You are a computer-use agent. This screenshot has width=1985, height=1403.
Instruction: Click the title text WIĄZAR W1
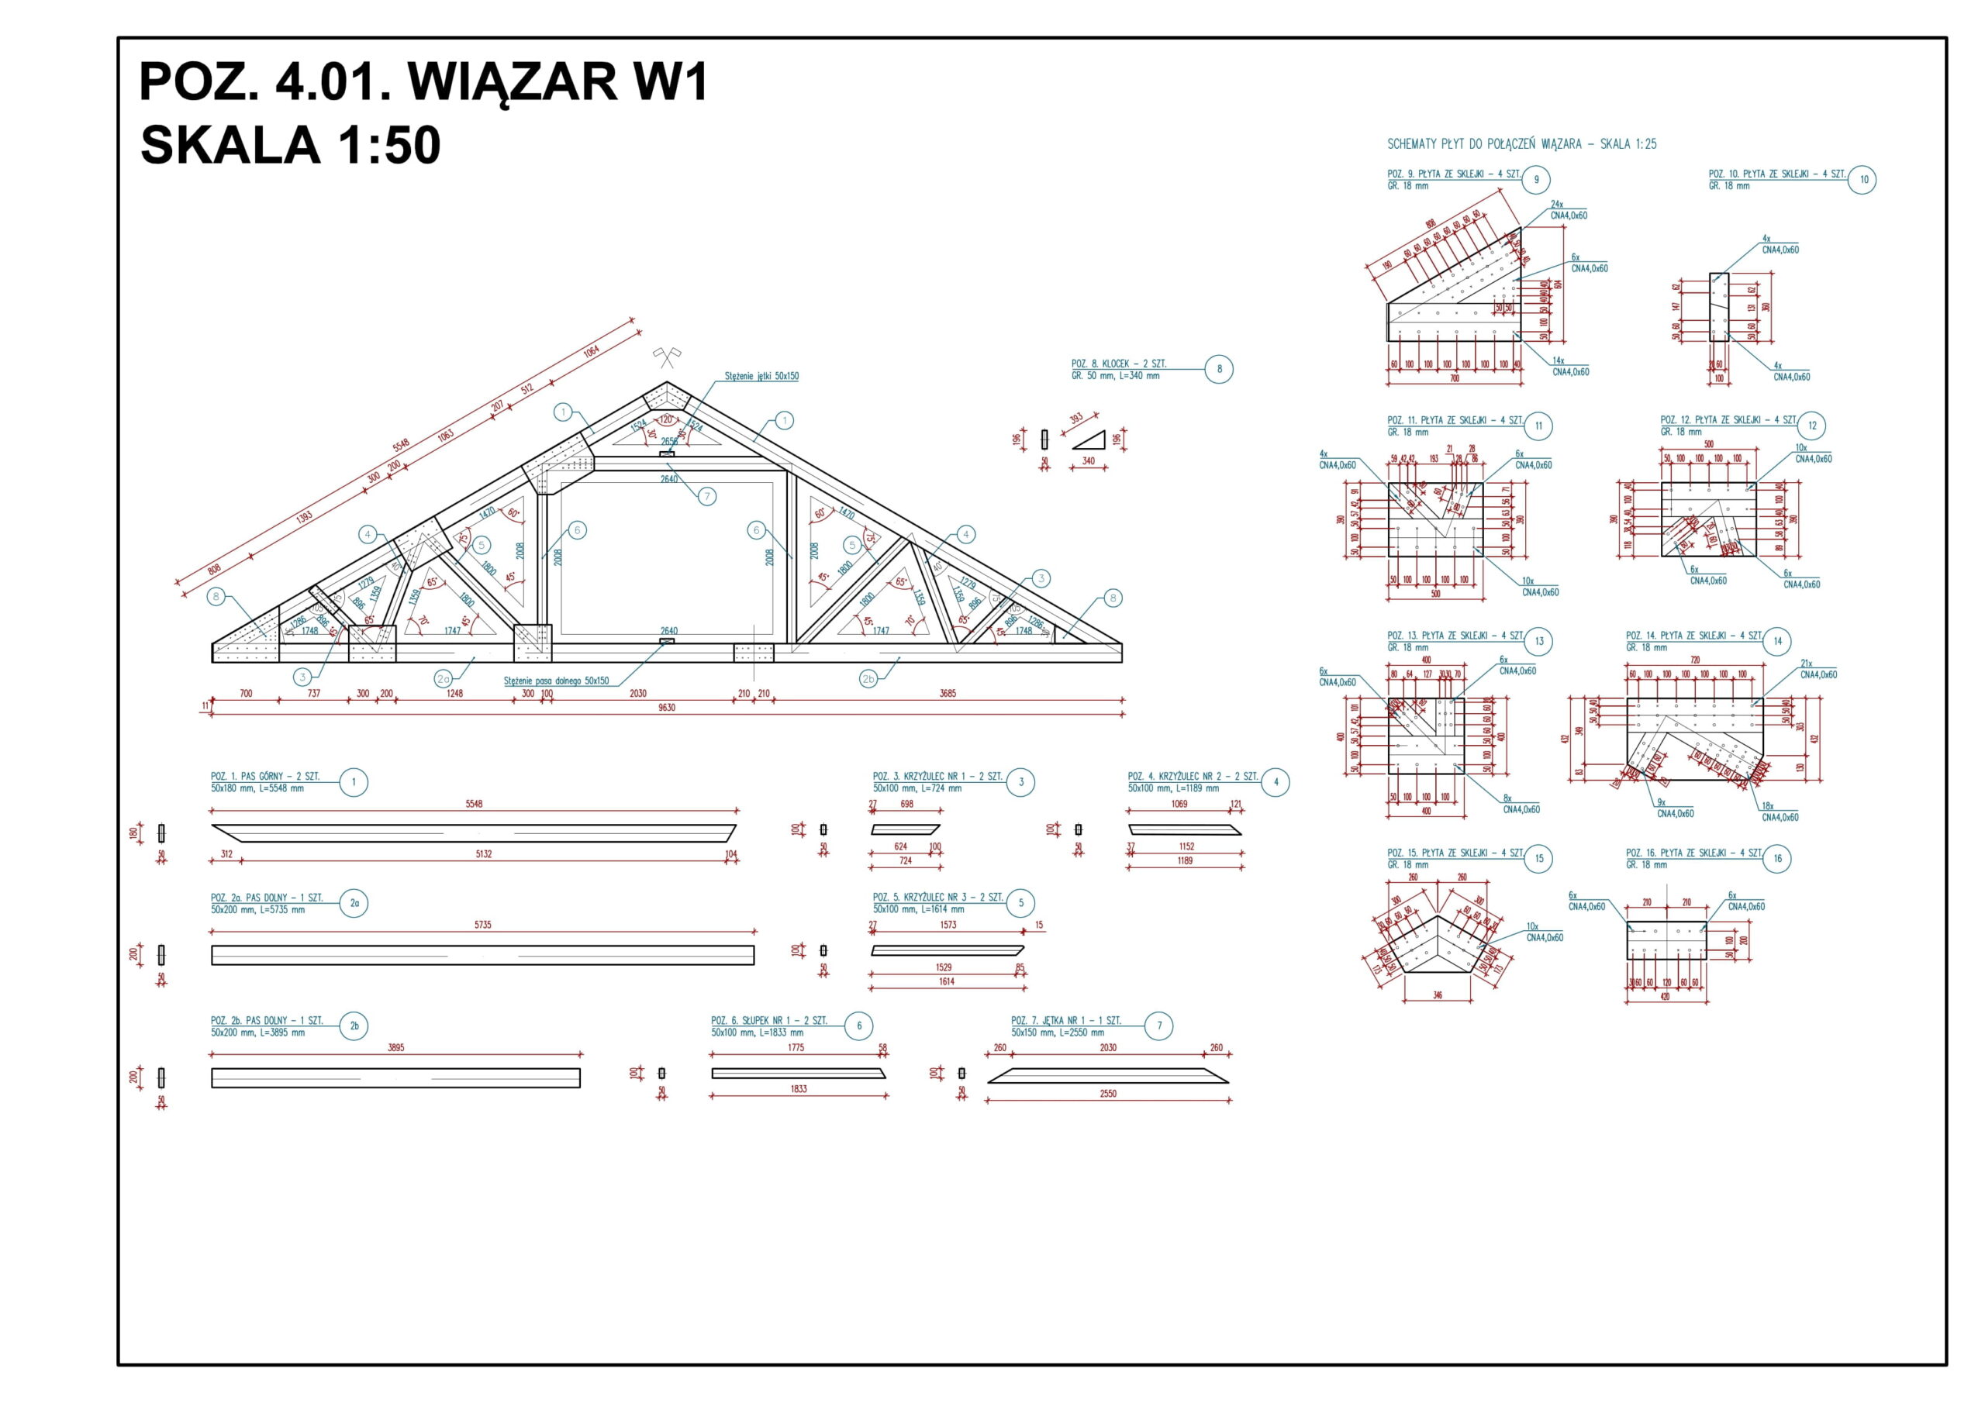[x=558, y=82]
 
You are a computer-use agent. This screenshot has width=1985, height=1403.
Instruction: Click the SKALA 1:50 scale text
[x=291, y=144]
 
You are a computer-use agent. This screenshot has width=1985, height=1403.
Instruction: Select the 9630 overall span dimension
[x=667, y=707]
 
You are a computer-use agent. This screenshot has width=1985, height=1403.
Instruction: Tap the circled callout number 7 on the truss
[x=707, y=496]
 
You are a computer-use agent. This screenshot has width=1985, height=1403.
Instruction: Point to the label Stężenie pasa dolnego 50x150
[x=556, y=681]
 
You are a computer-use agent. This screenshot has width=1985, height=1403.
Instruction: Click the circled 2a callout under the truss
[x=444, y=680]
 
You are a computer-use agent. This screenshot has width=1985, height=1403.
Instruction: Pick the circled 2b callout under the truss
[x=868, y=680]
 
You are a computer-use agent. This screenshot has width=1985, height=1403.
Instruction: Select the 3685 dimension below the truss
[x=948, y=693]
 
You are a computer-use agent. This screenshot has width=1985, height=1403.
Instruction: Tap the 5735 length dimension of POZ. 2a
[x=482, y=924]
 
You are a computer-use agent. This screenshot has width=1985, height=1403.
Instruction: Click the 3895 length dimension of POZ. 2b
[x=395, y=1047]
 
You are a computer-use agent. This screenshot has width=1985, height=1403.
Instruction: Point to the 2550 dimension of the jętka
[x=1107, y=1094]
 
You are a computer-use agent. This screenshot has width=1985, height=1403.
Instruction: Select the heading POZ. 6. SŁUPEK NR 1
[x=768, y=1020]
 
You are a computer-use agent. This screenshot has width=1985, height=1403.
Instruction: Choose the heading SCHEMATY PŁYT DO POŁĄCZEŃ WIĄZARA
[x=1521, y=144]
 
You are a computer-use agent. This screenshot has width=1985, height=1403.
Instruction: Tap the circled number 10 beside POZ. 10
[x=1864, y=180]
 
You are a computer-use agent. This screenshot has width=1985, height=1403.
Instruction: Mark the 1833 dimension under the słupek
[x=798, y=1088]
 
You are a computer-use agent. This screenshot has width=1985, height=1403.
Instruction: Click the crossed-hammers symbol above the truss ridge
[x=667, y=355]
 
